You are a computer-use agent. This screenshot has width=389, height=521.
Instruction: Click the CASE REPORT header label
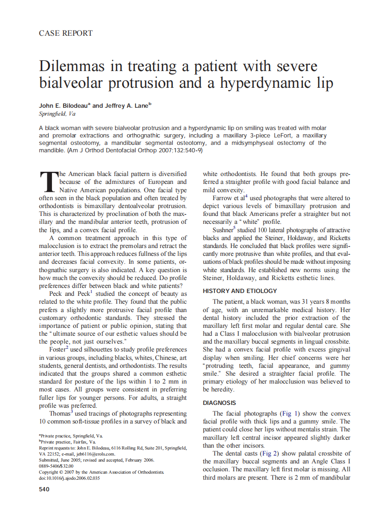65,33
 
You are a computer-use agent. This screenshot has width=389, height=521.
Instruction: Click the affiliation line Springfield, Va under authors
57,114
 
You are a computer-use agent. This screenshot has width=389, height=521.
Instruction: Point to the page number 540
45,489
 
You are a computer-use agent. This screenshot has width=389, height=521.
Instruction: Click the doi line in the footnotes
69,478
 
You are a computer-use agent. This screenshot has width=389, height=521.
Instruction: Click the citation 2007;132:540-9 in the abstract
184,151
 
